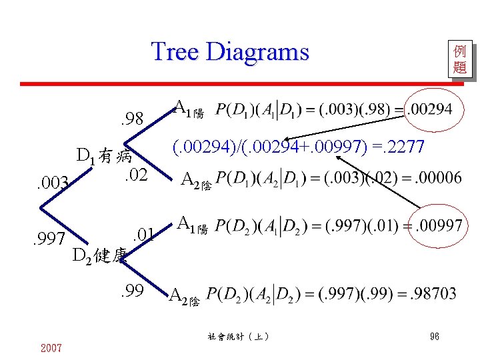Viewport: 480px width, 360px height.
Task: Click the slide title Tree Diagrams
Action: pyautogui.click(x=231, y=51)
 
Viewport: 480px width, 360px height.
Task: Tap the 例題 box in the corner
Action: pyautogui.click(x=459, y=59)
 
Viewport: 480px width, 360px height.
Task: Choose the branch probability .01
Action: pyautogui.click(x=144, y=234)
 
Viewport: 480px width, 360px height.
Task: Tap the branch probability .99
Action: pyautogui.click(x=132, y=290)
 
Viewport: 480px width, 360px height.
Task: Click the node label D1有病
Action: pyautogui.click(x=105, y=157)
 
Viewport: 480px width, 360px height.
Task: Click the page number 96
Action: pyautogui.click(x=434, y=337)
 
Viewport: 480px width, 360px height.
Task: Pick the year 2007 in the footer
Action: pyautogui.click(x=51, y=348)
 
